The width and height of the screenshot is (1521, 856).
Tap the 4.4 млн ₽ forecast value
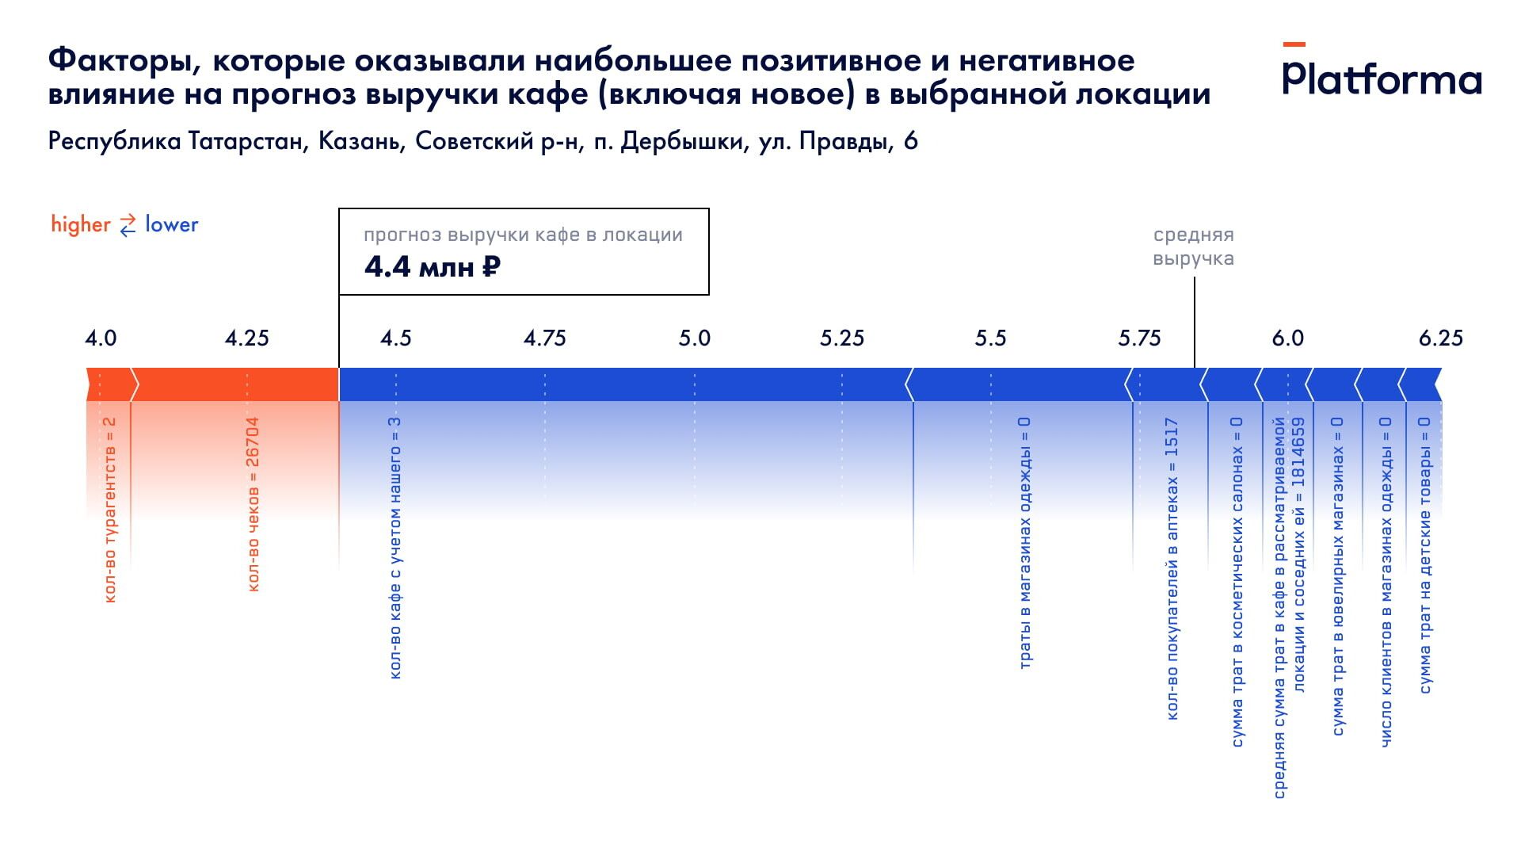(x=433, y=267)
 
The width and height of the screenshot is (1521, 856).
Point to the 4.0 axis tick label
(x=101, y=338)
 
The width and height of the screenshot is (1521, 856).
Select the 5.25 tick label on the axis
(x=842, y=338)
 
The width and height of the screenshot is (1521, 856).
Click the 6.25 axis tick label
(x=1440, y=338)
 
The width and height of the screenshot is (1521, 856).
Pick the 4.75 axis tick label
(x=545, y=338)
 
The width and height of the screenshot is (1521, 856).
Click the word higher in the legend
(x=81, y=224)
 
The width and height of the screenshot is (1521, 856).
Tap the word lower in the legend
(x=172, y=224)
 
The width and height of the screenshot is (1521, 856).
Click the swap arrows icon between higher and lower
(x=128, y=225)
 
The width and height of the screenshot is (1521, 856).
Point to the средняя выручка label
(x=1193, y=246)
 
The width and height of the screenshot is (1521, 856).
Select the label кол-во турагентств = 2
(x=109, y=510)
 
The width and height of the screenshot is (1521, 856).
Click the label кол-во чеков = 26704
(x=253, y=504)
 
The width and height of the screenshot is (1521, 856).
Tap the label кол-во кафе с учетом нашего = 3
(x=395, y=548)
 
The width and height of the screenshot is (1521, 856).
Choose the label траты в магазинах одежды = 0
(x=1024, y=543)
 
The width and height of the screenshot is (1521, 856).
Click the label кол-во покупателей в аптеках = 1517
(x=1172, y=569)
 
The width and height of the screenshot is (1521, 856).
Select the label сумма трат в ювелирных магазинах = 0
(x=1338, y=576)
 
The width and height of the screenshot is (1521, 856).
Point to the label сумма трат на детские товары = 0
(x=1424, y=555)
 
